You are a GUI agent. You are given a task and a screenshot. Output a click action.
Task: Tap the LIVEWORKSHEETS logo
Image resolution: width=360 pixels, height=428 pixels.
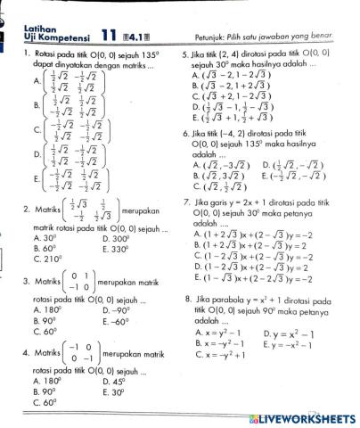[304, 417]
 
